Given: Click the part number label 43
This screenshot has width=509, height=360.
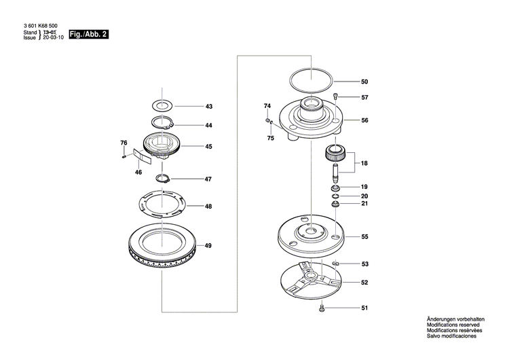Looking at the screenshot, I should coord(209,107).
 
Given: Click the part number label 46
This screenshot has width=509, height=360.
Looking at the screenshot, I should coord(138,173).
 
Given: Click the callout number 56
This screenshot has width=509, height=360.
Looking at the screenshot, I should coord(364,120).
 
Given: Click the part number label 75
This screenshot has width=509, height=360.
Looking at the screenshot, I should coord(270,139).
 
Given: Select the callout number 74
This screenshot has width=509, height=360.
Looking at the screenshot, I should coord(267,106).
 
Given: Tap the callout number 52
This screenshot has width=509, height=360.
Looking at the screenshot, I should coord(364,283).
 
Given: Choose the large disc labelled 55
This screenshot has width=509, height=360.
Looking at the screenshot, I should coord(312,238).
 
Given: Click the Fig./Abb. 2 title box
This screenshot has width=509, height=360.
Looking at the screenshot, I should coord(90,35).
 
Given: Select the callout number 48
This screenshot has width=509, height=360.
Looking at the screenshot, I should coord(209,206).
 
